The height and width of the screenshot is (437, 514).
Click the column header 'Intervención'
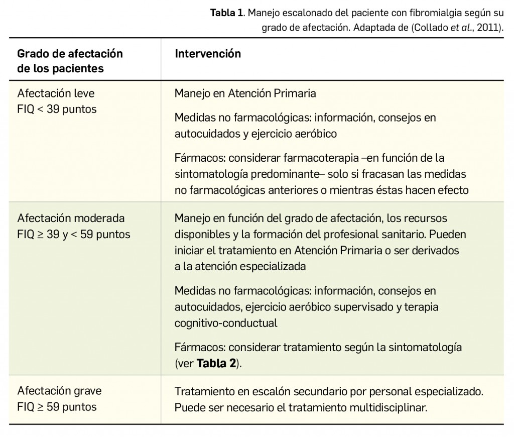208,54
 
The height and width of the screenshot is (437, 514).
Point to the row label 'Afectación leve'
56,93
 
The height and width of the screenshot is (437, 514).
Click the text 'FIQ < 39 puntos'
57,109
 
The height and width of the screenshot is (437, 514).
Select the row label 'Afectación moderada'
71,219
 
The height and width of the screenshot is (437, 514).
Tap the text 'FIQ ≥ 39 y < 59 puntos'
74,235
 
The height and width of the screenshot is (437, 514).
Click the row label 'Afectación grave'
59,391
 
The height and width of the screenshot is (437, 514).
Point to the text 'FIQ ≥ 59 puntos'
57,406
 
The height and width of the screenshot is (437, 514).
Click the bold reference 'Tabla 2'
216,364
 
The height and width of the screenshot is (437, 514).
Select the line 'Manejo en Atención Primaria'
245,93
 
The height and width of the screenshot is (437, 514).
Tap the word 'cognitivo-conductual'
225,323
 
